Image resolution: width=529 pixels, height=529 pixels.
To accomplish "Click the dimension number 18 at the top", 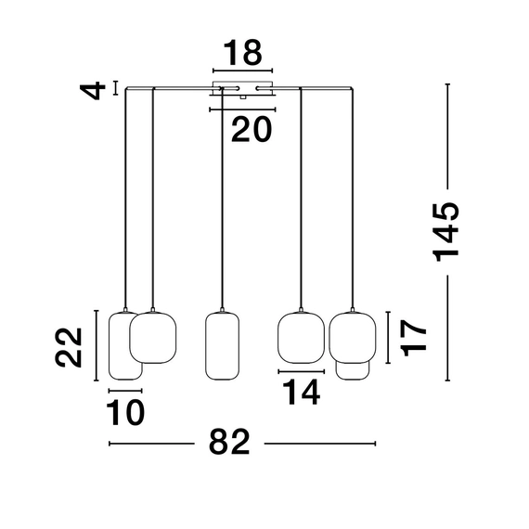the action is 242,53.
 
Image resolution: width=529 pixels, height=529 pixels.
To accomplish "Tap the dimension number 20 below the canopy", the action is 252,129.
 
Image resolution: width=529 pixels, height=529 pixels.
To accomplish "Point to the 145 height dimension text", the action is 447,232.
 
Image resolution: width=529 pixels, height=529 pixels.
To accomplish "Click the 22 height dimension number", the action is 69,347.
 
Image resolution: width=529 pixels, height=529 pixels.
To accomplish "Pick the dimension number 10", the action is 125,412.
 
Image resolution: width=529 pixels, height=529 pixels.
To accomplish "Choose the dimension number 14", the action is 302,392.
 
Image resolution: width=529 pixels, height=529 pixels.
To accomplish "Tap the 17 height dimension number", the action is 414,338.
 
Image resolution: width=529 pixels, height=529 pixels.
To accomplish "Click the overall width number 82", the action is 229,442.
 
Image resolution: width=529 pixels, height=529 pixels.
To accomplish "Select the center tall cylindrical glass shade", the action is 223,346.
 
